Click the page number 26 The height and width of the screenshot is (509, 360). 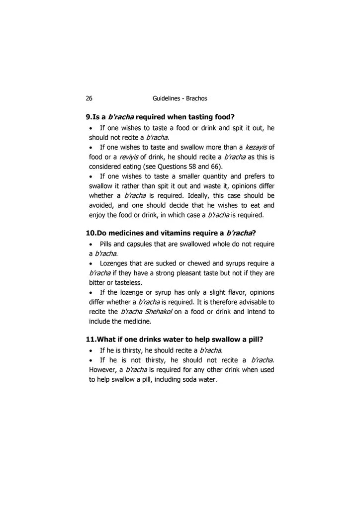click(x=89, y=98)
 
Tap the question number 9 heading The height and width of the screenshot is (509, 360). click(x=160, y=117)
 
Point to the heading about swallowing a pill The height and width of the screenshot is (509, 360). click(x=175, y=339)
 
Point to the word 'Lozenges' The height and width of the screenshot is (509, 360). click(x=115, y=263)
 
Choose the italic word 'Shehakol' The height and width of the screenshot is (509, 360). click(x=158, y=312)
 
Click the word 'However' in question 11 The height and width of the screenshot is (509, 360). click(x=106, y=370)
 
